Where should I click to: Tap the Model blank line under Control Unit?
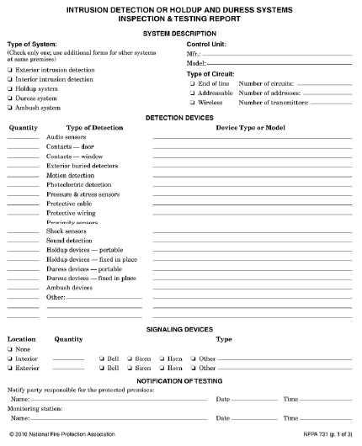[x=278, y=63]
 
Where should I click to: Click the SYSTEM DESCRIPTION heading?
[x=180, y=32]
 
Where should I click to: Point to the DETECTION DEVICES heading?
[x=180, y=117]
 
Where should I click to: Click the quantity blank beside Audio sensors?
[x=23, y=137]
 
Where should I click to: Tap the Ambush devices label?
[x=69, y=287]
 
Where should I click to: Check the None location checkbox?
[x=10, y=348]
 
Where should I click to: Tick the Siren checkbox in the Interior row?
[x=130, y=358]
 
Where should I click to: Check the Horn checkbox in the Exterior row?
[x=162, y=368]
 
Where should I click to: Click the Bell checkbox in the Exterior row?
[x=101, y=368]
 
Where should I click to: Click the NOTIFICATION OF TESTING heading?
[x=180, y=382]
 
